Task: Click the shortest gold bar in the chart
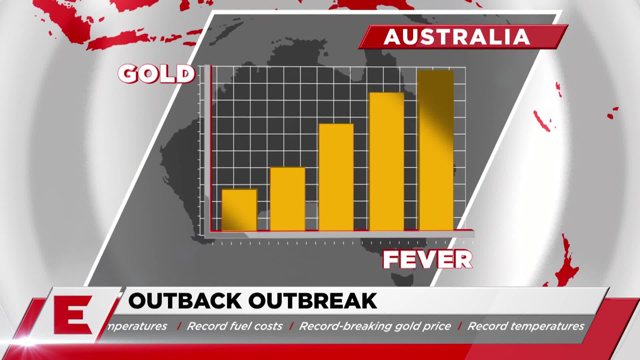(239, 210)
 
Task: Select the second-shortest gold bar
(287, 199)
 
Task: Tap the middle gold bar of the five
(336, 177)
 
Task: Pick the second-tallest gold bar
(387, 162)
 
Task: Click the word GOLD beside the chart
(156, 74)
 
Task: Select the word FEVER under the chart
(428, 259)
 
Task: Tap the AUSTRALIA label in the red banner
(457, 37)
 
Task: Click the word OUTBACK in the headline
(185, 301)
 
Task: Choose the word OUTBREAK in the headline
(313, 301)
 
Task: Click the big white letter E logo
(73, 315)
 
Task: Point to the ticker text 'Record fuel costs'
(235, 326)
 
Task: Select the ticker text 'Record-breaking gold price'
(375, 326)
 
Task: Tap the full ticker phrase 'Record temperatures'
(526, 326)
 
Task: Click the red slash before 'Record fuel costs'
(179, 326)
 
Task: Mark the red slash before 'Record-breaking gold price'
(292, 326)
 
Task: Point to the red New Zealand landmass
(563, 263)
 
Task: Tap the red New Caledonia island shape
(542, 121)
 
